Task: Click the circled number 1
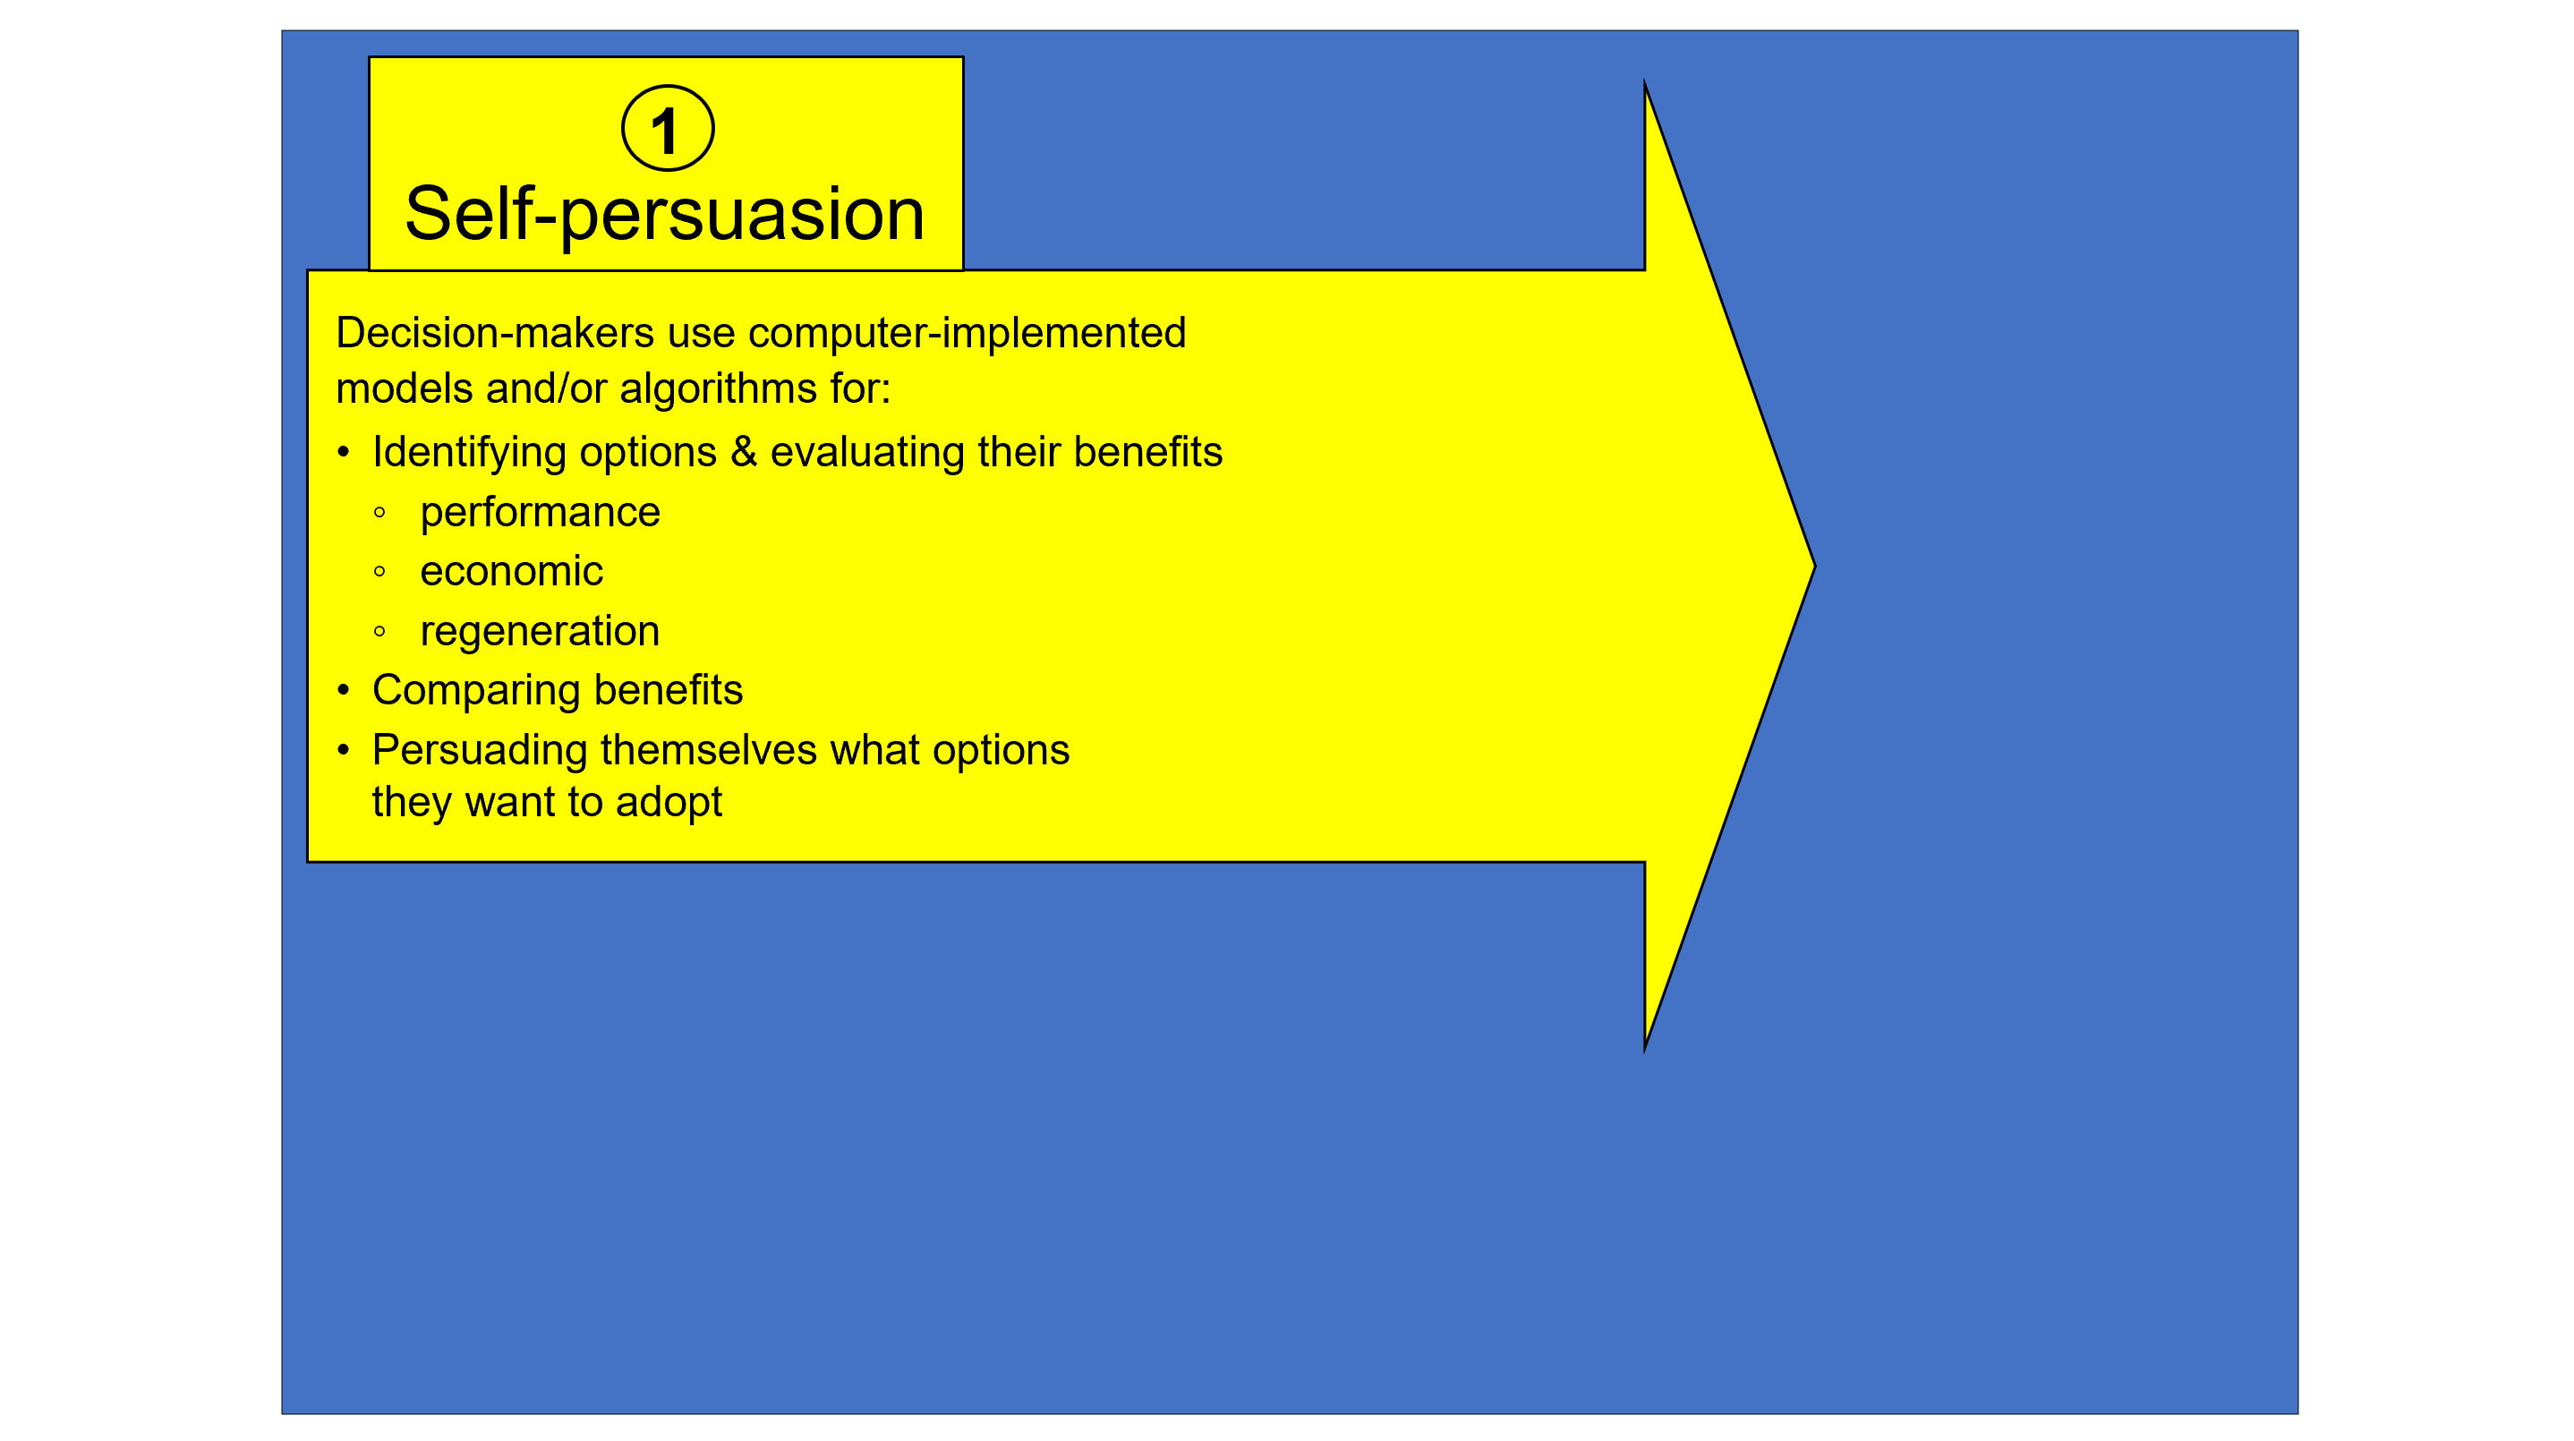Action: point(668,129)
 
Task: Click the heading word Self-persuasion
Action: point(664,214)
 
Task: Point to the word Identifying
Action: point(468,453)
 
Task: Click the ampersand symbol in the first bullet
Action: point(744,452)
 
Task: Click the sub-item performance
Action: point(540,513)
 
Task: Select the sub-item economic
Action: point(511,572)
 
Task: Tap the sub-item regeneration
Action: point(540,632)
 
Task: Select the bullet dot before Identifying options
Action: point(344,453)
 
